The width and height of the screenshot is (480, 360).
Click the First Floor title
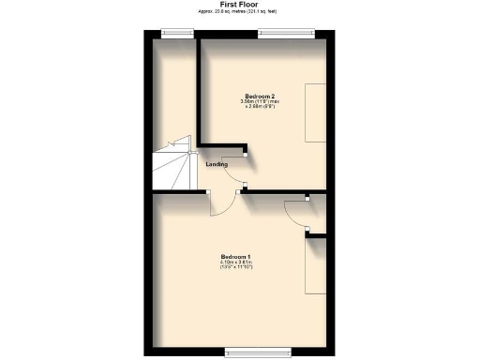(240, 4)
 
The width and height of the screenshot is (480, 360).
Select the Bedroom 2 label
(259, 97)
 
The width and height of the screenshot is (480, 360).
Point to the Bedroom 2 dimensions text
(259, 107)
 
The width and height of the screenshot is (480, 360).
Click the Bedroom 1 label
(236, 256)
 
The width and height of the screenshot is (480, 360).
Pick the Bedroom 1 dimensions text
(236, 266)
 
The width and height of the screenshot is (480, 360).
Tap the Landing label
(217, 165)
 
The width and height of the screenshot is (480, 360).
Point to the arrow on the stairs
(172, 144)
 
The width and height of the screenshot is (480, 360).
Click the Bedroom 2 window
(286, 33)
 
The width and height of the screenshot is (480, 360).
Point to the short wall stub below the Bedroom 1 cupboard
(316, 234)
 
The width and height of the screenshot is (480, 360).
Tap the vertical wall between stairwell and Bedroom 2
(197, 94)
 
